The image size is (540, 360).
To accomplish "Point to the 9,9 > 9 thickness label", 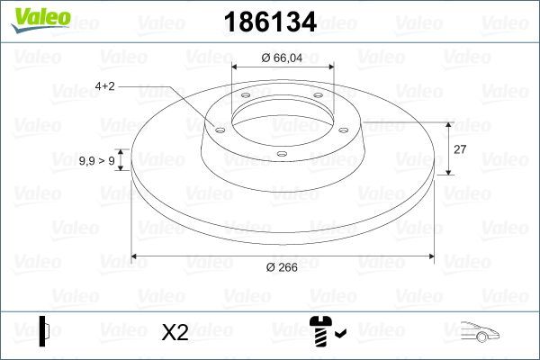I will (x=96, y=160).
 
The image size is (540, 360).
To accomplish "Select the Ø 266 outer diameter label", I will (x=283, y=267).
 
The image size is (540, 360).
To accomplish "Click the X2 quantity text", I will (x=175, y=333).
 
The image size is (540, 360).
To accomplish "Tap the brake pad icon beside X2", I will (x=45, y=331).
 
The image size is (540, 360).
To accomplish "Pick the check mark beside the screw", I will (x=339, y=336).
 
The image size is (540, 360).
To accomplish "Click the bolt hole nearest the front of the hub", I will (x=282, y=154).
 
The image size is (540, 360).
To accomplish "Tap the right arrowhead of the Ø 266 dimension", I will (x=431, y=256).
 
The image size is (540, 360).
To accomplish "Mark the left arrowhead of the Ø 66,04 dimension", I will (x=237, y=67).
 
